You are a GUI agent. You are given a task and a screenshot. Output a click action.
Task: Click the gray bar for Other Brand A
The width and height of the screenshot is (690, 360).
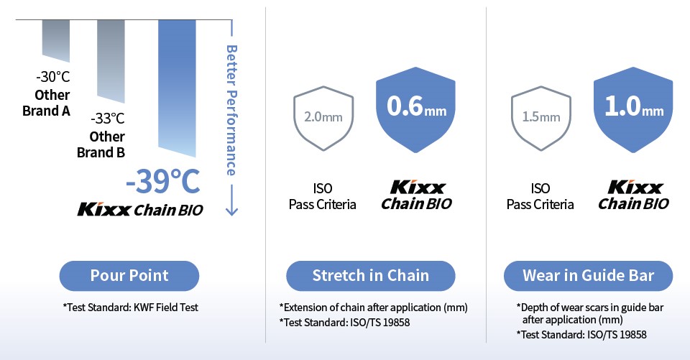coord(56,40)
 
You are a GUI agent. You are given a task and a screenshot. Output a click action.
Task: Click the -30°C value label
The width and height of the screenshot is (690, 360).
coord(52,77)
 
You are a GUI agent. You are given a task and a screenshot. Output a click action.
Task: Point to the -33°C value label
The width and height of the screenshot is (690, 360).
coord(108,119)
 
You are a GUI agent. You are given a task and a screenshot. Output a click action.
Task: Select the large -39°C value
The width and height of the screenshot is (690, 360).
coord(163,181)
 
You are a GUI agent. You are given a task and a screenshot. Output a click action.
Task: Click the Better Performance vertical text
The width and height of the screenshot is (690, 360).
coord(231,110)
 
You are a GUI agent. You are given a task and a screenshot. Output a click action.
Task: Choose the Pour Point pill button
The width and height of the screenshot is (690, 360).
coord(129,276)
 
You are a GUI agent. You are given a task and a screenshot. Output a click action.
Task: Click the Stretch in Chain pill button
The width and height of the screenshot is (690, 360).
coord(371,276)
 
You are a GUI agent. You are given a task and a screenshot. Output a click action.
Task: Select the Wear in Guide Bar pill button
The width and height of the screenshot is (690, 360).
coord(589,276)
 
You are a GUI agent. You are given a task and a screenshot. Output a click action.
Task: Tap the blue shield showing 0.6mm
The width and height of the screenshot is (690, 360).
coord(416,110)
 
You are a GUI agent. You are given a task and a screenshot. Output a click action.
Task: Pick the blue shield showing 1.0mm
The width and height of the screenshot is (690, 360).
coord(633,110)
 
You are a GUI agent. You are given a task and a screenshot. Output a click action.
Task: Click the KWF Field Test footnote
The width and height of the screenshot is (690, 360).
coord(131,308)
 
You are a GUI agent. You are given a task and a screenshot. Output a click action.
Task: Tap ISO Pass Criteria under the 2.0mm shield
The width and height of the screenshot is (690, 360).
coord(323,196)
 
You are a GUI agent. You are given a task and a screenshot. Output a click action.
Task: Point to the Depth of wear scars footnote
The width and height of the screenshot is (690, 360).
coord(590,313)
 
